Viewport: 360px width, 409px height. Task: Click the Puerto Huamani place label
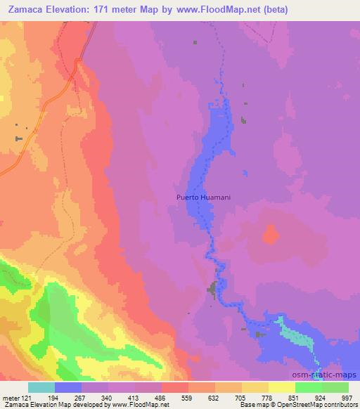203,197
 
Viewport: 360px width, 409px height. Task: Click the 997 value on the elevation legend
347,398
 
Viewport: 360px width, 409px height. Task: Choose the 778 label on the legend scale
268,398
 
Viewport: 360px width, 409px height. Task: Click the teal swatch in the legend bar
41,387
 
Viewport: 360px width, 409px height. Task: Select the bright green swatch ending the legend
335,387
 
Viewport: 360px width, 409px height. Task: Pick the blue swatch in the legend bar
68,387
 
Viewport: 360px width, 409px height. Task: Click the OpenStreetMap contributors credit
316,405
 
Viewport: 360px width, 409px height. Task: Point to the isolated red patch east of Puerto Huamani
271,235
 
